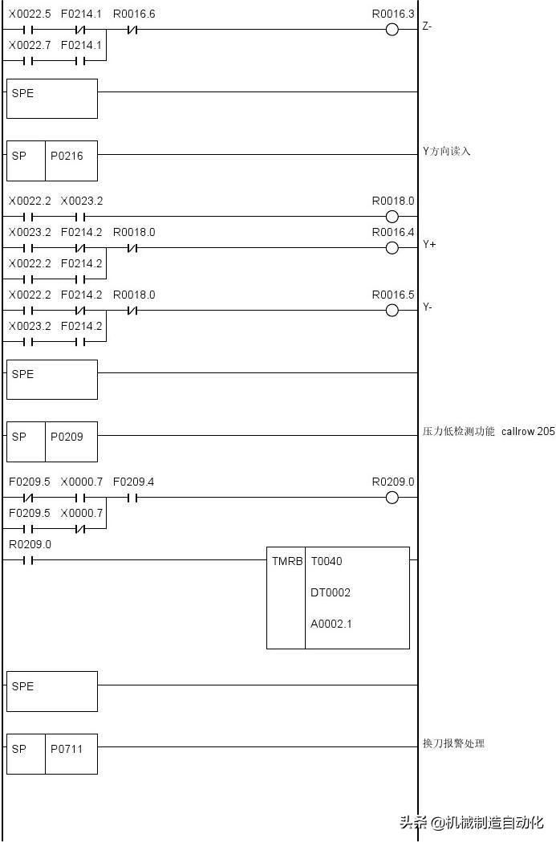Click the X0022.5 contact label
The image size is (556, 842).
[30, 14]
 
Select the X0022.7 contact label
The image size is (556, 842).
[30, 45]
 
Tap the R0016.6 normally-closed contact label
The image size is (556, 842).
[134, 14]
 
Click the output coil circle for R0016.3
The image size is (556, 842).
[392, 30]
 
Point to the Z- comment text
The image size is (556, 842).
[427, 26]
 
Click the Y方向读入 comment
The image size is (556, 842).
[447, 152]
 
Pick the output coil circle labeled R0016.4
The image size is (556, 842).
[392, 248]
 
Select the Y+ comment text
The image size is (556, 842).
[428, 244]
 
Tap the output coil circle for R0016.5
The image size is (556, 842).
[392, 311]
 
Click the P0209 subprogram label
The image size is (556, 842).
[67, 437]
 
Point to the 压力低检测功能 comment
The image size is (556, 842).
[458, 431]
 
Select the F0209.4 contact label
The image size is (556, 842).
[133, 482]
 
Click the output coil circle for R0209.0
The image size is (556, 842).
[392, 498]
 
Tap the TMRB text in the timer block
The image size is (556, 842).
[287, 561]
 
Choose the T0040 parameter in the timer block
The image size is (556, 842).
[327, 561]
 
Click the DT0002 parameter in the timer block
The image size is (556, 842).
[330, 592]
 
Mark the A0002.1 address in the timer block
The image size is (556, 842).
[331, 624]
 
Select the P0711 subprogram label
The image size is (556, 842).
[67, 749]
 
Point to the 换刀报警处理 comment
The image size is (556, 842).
[453, 743]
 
